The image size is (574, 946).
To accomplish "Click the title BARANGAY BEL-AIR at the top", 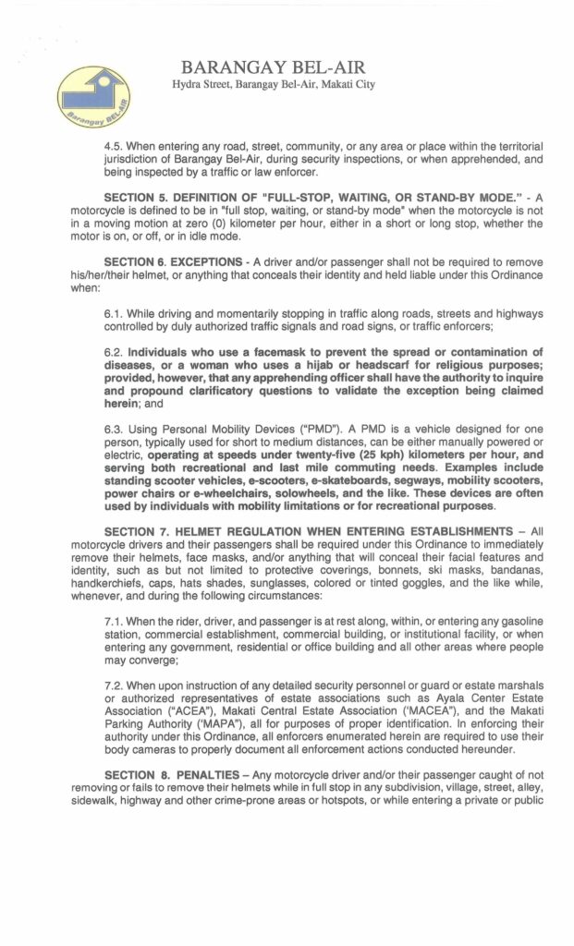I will click(x=274, y=67).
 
